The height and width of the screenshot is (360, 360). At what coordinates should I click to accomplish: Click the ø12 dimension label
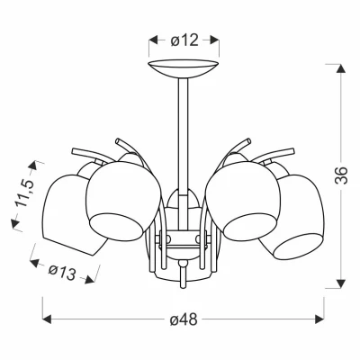[184, 40]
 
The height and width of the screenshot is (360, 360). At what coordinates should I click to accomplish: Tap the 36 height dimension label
[341, 175]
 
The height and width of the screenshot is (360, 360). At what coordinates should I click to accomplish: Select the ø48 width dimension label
[184, 319]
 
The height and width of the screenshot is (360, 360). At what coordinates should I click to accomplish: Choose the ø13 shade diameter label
[62, 273]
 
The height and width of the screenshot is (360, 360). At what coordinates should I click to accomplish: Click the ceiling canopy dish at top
[184, 68]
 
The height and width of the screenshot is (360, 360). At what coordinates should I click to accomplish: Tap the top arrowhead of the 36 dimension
[341, 68]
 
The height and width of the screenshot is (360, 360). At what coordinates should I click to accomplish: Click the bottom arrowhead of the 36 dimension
[341, 283]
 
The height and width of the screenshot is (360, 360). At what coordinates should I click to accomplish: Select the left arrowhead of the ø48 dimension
[48, 319]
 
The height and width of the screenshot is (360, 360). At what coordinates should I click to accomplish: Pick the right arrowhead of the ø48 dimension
[319, 319]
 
